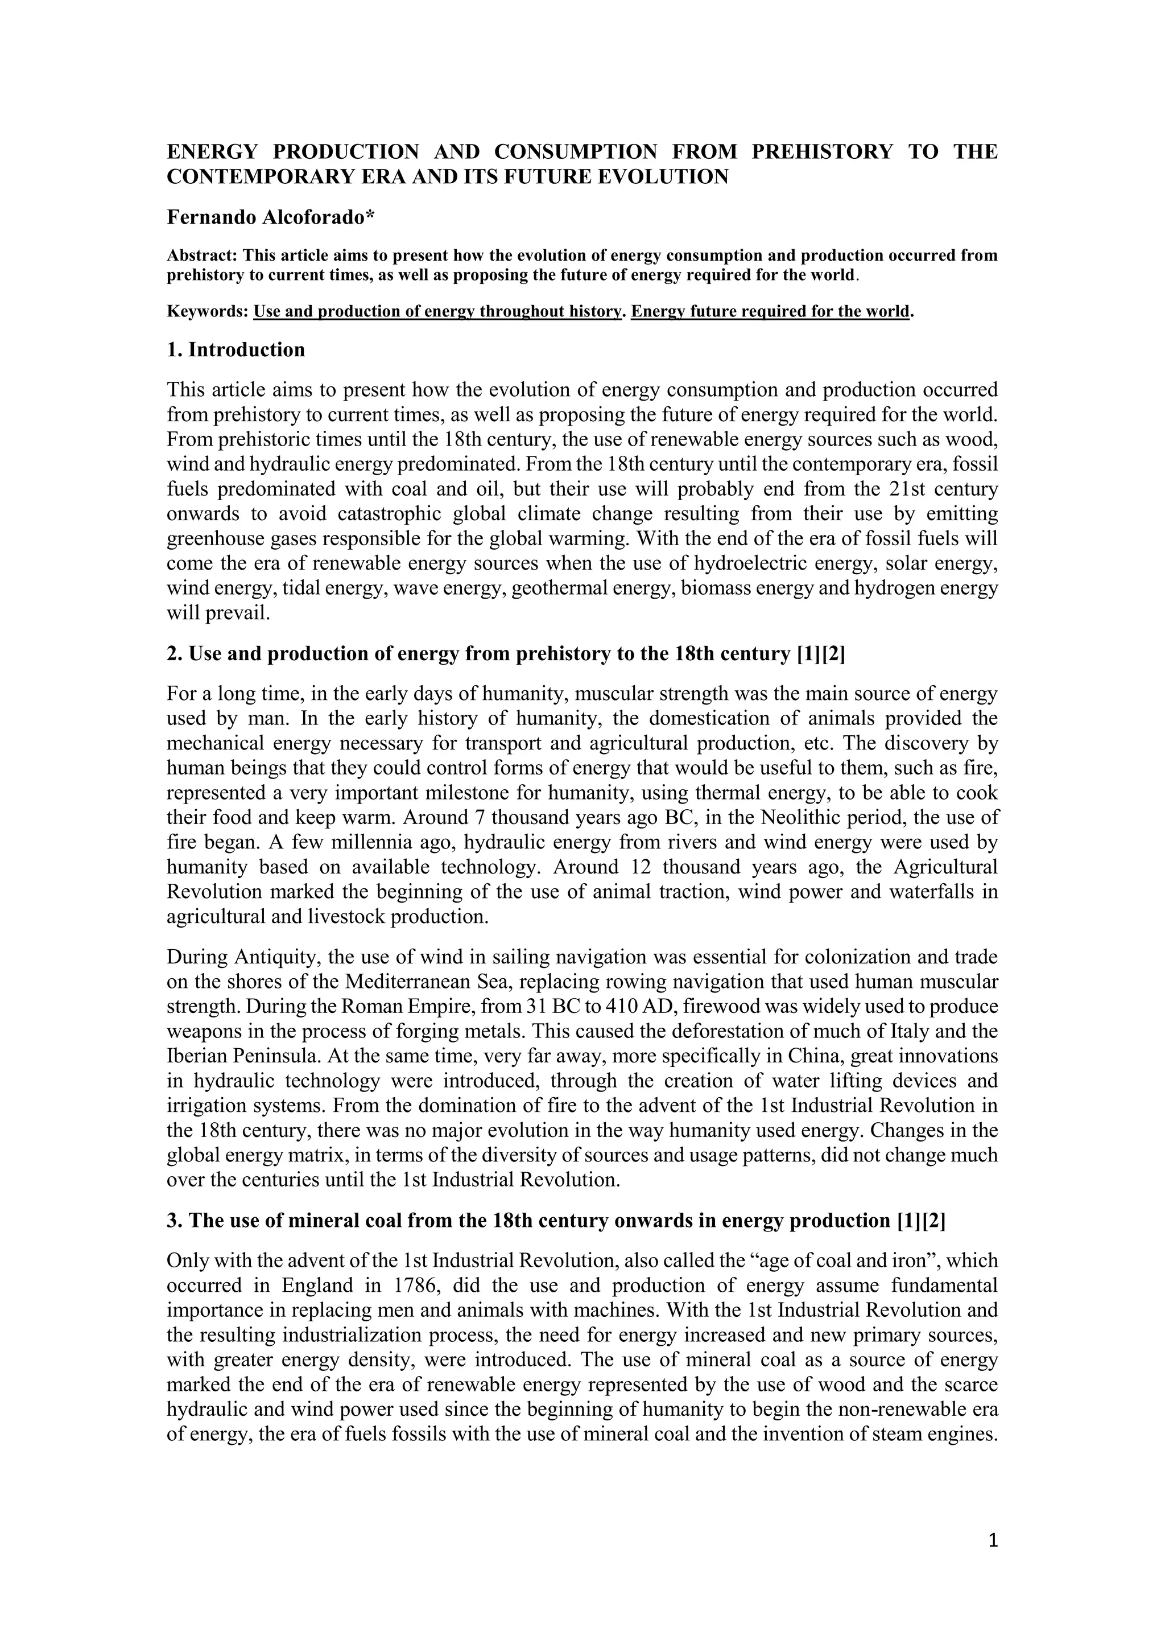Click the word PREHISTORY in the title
tap(822, 151)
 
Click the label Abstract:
tap(203, 256)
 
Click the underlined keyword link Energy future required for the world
tap(770, 311)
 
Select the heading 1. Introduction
tap(236, 351)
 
